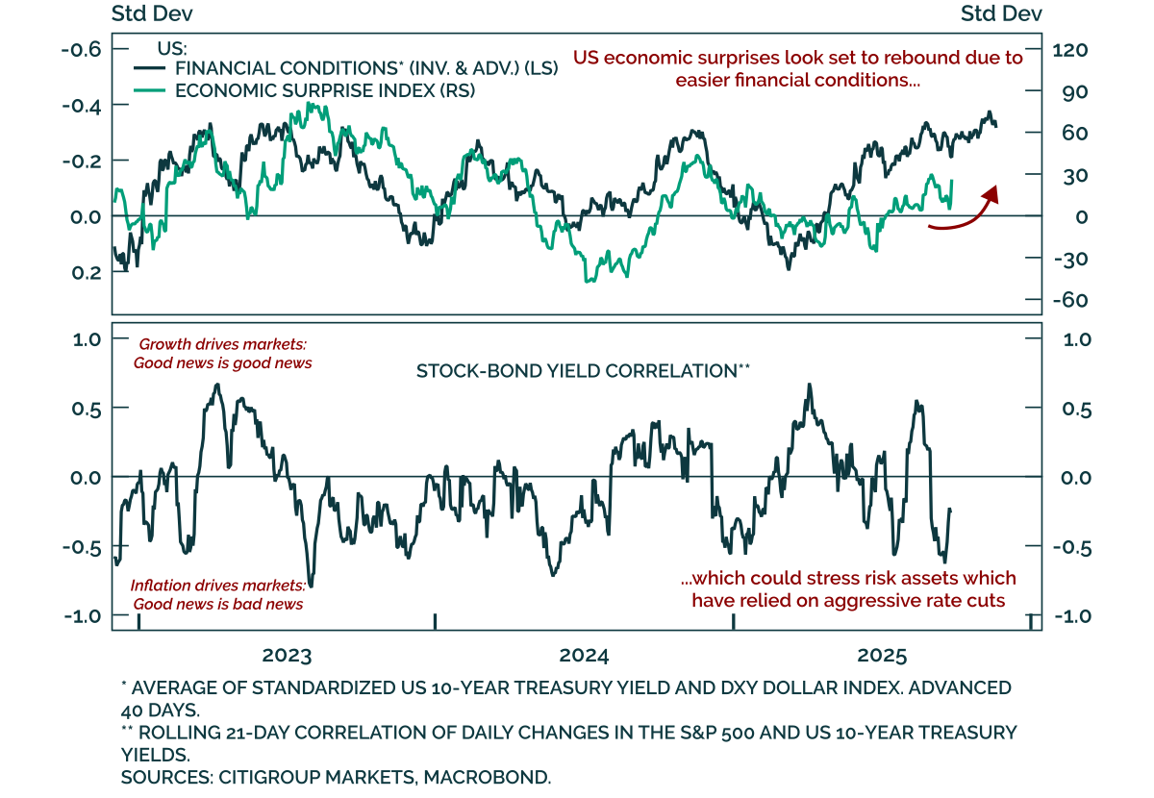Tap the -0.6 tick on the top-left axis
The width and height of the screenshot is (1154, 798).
click(x=81, y=49)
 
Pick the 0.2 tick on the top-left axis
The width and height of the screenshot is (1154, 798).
click(x=87, y=272)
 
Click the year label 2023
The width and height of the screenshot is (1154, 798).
click(x=287, y=657)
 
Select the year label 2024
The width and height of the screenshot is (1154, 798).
click(x=584, y=657)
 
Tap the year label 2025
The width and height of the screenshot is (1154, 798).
click(x=882, y=657)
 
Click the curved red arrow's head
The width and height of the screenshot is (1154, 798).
click(x=991, y=193)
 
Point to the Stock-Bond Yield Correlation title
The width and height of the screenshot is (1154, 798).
click(x=583, y=370)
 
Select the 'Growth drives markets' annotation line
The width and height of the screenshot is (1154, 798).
click(x=222, y=344)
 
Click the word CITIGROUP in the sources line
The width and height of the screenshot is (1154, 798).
click(x=257, y=777)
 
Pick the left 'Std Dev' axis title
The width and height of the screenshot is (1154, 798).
click(x=152, y=13)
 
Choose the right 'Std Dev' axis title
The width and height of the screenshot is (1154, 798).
click(x=1001, y=13)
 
